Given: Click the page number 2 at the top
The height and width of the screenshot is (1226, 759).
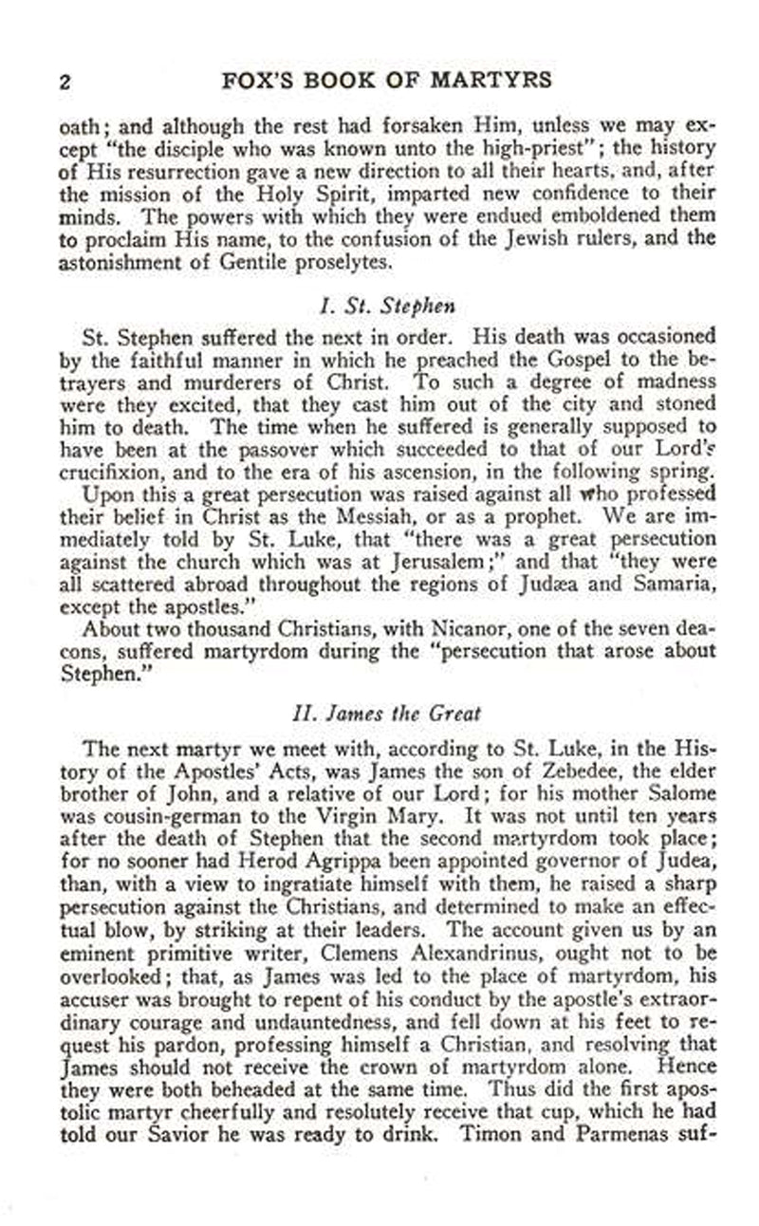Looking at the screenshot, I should pyautogui.click(x=65, y=81).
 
